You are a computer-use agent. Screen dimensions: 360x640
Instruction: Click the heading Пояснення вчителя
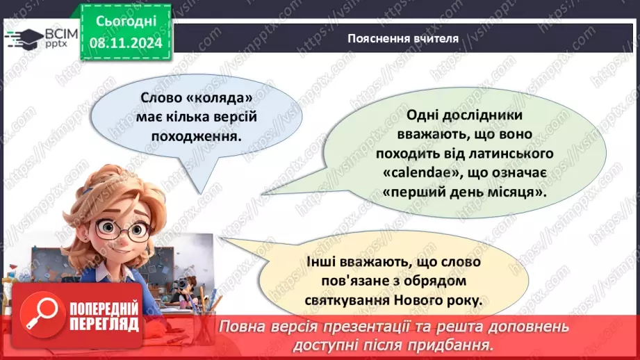tap(403, 38)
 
